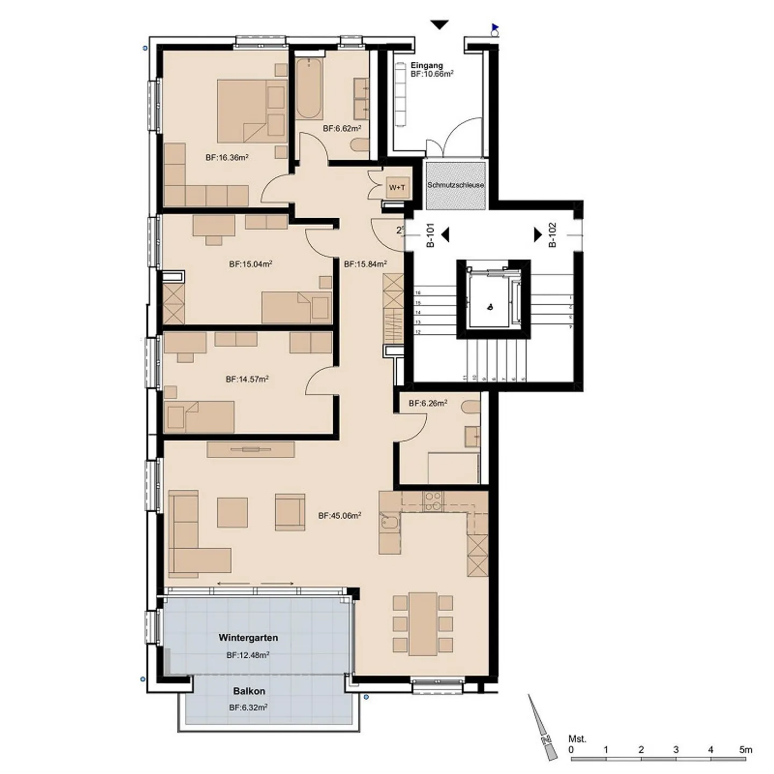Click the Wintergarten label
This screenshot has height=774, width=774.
248,638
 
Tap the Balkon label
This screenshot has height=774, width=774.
249,691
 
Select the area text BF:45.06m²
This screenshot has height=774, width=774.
339,515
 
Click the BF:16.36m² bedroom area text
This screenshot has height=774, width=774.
227,157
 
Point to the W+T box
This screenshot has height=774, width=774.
397,187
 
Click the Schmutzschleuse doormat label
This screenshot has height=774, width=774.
455,185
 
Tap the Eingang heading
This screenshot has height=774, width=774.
427,66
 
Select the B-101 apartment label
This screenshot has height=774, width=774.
430,235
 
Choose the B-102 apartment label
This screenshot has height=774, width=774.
552,235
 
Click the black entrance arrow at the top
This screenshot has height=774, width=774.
440,25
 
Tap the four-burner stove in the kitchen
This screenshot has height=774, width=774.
433,501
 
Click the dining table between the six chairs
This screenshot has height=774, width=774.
422,624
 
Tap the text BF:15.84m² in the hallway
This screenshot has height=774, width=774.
365,264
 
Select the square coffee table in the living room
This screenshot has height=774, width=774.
232,512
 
